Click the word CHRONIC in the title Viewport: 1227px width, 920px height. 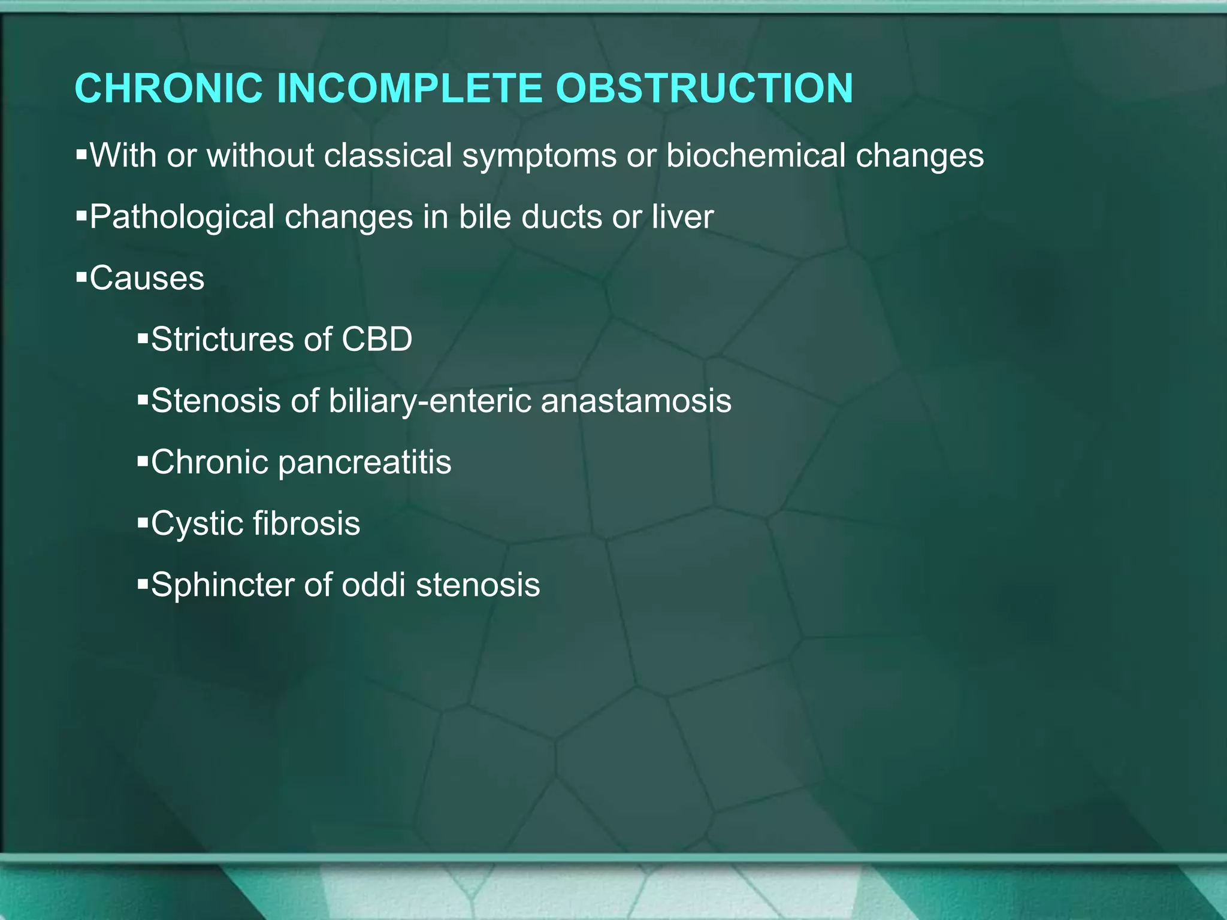tap(169, 89)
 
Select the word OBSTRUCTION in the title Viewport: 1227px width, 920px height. tap(704, 89)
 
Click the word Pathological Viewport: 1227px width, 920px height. tap(182, 217)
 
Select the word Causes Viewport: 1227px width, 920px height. tap(147, 279)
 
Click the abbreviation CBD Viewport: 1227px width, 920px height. tap(377, 340)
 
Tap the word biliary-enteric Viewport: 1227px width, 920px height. tap(430, 402)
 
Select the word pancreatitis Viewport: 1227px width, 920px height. tap(364, 463)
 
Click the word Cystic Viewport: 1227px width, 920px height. tap(196, 524)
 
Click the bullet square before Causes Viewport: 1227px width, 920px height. tap(81, 278)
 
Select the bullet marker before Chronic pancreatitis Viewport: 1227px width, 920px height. tap(143, 462)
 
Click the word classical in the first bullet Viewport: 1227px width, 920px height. tap(388, 156)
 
